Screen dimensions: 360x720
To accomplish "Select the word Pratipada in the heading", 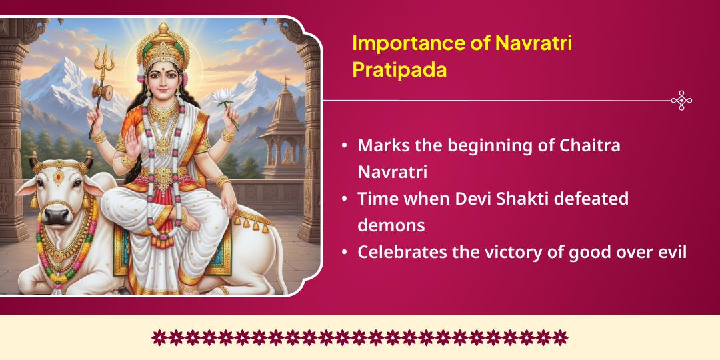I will coord(399,70).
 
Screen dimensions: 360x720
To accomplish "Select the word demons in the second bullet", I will coord(391,225).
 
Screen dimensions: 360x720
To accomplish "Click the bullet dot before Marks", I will coord(344,146).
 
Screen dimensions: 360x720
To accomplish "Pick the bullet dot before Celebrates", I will coord(344,253).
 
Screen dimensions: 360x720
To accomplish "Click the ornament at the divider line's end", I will coord(681,101).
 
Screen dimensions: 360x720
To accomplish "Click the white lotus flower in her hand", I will coord(224,97).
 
